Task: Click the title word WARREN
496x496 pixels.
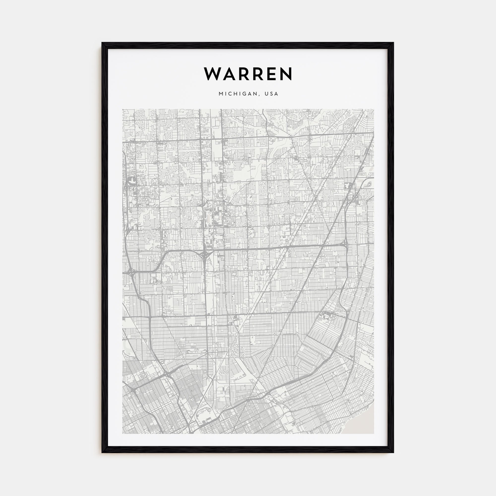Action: [x=248, y=74]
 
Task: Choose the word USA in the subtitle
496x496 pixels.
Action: [x=272, y=94]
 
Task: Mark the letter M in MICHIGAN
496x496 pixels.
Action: [x=221, y=94]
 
